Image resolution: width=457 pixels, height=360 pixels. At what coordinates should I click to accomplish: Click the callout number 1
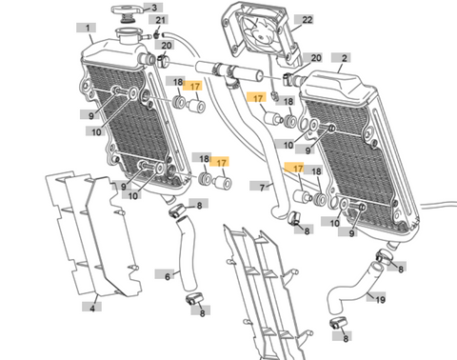88,28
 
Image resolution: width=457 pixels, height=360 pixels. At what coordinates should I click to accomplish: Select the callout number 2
344,58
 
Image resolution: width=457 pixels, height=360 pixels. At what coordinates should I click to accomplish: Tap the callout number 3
154,8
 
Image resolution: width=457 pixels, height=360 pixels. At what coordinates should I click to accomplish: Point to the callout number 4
92,308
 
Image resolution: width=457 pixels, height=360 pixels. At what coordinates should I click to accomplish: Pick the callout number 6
168,276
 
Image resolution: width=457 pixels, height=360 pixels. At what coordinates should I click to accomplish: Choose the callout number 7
262,188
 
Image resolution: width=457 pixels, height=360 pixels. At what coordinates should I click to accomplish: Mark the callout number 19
380,299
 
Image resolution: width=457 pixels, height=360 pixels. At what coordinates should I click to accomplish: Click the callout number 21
160,20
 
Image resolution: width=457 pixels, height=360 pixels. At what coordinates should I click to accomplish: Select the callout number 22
307,20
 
